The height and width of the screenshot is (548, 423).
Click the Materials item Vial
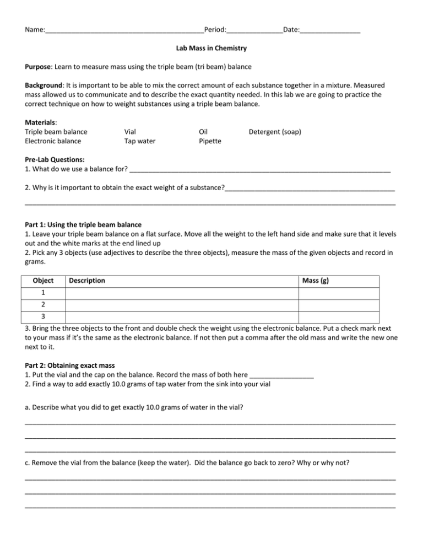click(x=131, y=132)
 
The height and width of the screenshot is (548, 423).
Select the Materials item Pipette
click(x=210, y=141)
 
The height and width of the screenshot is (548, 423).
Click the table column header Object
click(x=44, y=281)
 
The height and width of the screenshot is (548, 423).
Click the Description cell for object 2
click(x=182, y=305)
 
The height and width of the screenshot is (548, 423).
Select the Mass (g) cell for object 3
click(x=347, y=317)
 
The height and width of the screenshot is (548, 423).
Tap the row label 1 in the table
click(x=44, y=293)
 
